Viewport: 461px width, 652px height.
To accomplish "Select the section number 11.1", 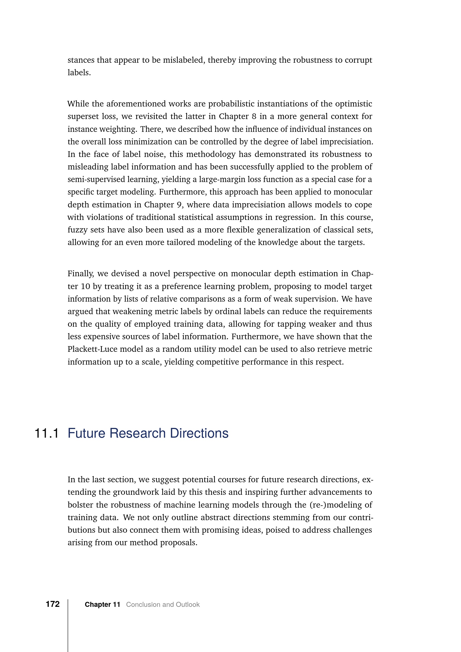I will pyautogui.click(x=47, y=433).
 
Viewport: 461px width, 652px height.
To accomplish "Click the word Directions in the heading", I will pyautogui.click(x=199, y=433).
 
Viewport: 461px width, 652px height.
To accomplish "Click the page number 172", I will pyautogui.click(x=53, y=604).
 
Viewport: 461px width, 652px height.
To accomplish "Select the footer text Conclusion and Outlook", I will pyautogui.click(x=163, y=605).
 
